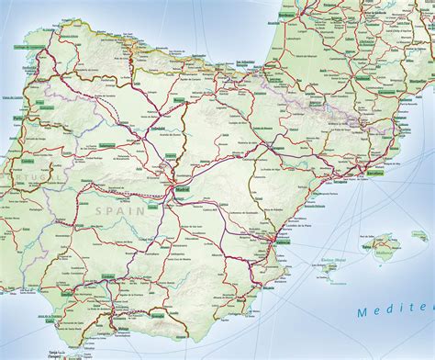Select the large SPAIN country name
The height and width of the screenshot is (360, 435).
click(113, 210)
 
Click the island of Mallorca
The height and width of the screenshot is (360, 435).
click(384, 244)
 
